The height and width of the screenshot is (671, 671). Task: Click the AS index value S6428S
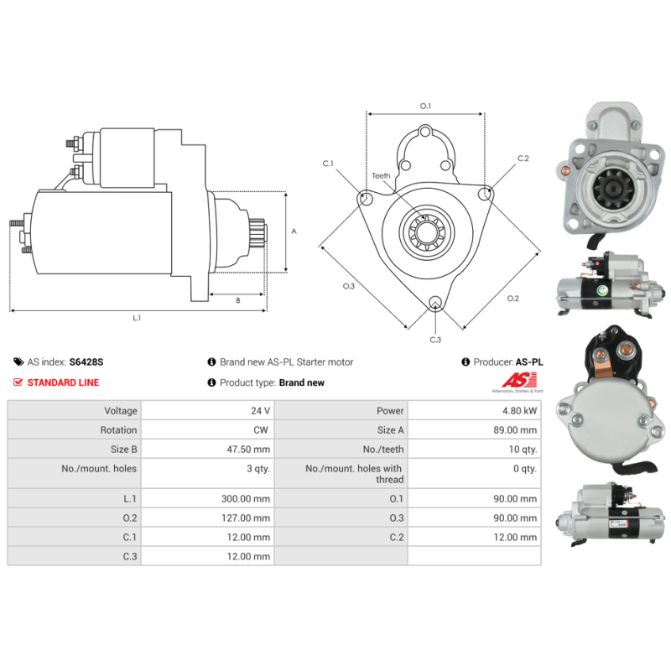coord(86,362)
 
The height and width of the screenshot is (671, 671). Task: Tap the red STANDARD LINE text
coord(63,382)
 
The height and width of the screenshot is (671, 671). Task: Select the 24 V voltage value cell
coord(261,411)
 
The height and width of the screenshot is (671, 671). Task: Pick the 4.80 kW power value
coord(520,411)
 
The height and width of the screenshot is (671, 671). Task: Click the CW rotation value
coord(263,430)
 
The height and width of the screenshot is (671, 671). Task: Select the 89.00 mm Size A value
coord(517,430)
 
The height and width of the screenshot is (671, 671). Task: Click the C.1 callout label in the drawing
coord(328,164)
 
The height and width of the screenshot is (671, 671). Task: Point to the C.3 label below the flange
coord(435,340)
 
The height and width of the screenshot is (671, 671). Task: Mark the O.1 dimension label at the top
coord(425,106)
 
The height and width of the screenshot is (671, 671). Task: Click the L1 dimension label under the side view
coord(137,318)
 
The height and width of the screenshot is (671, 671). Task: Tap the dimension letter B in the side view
coord(237,299)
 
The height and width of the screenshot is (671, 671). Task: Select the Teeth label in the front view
coord(382,176)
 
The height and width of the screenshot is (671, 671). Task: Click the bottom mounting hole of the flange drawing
coord(435,304)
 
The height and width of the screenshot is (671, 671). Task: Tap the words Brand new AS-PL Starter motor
coord(286,362)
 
